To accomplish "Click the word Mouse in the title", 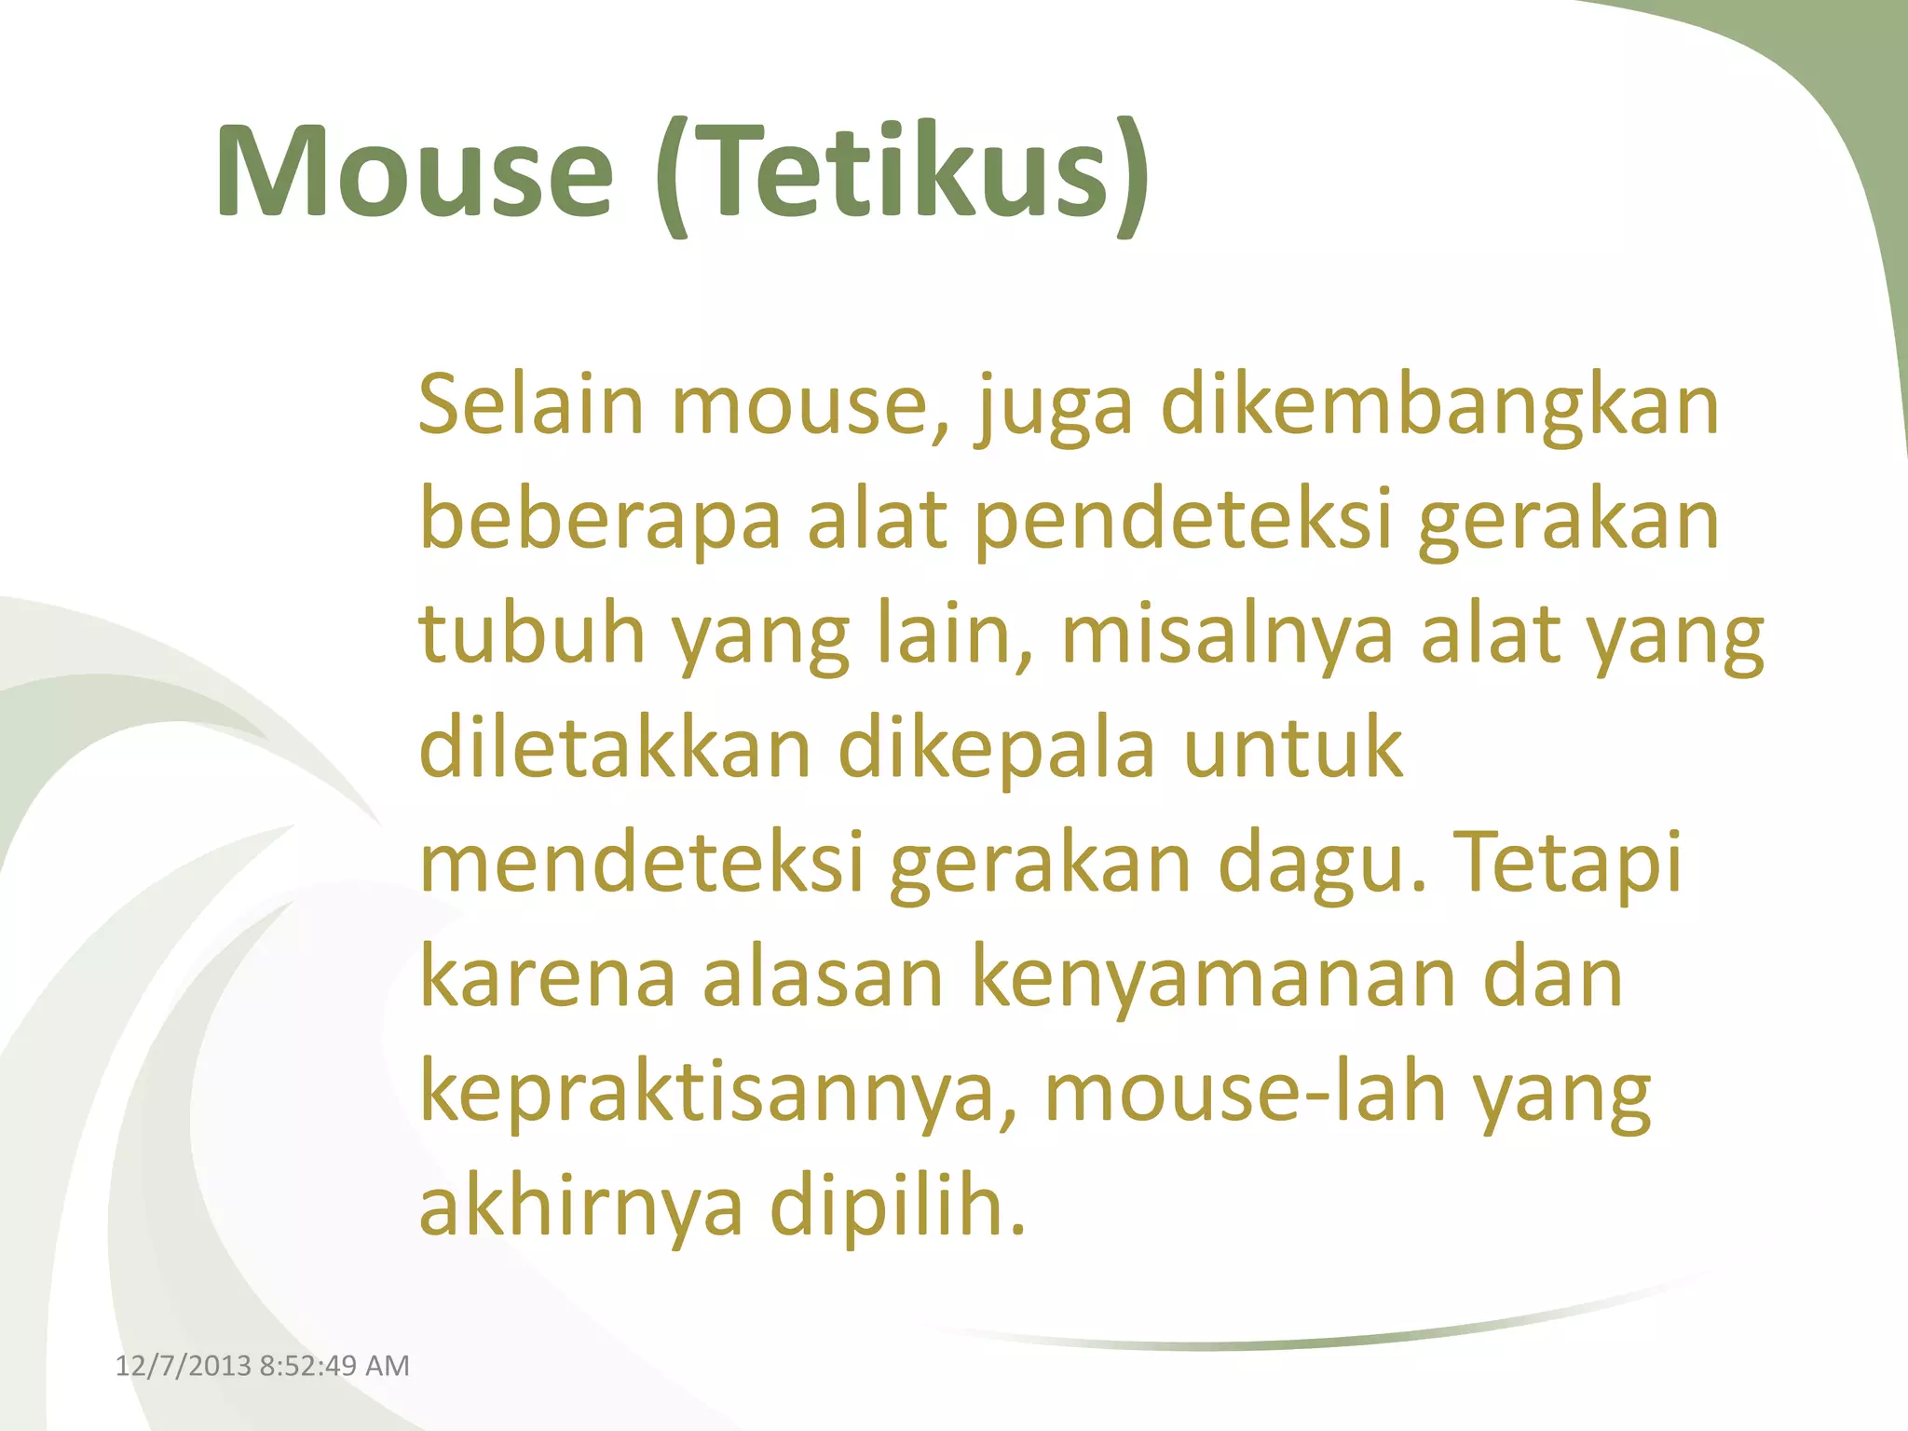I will pyautogui.click(x=415, y=172).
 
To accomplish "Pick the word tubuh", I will pyautogui.click(x=532, y=635).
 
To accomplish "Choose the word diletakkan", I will pyautogui.click(x=616, y=749).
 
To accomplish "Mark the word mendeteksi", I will pyautogui.click(x=642, y=864).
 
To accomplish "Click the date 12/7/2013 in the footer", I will pyautogui.click(x=183, y=1366).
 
